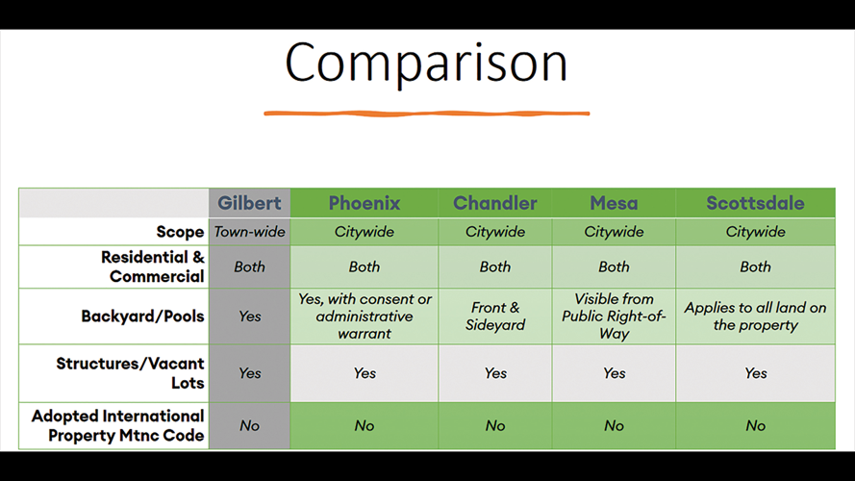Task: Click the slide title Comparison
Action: point(426,63)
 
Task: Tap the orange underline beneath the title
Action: point(426,114)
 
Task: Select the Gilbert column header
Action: point(249,203)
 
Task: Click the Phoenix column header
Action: point(365,203)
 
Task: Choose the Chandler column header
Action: point(495,203)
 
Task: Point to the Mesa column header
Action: point(614,203)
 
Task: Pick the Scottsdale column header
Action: point(755,203)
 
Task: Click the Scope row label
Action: point(180,232)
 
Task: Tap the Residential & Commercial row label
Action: point(153,266)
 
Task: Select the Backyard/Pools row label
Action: point(143,316)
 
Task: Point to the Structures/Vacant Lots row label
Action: point(131,373)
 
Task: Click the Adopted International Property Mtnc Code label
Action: point(117,425)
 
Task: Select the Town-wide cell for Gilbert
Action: point(249,232)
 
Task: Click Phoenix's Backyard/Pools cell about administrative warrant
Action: point(365,316)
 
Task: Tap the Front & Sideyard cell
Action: point(495,316)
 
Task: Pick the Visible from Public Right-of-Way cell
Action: point(614,316)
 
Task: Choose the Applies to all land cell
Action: point(755,316)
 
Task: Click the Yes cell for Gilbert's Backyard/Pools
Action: point(250,316)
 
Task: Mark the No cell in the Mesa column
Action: point(614,425)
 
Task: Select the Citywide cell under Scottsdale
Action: point(755,232)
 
